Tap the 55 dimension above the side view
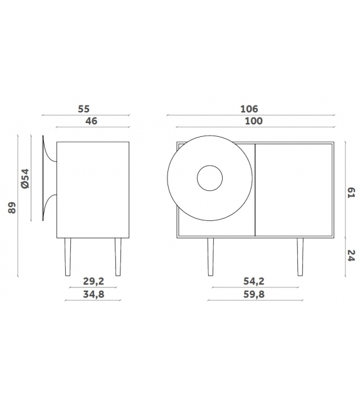(86, 109)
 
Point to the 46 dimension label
(90, 121)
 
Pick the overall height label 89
(11, 207)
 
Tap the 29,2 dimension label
(92, 282)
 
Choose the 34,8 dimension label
(92, 294)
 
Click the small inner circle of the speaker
(210, 178)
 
